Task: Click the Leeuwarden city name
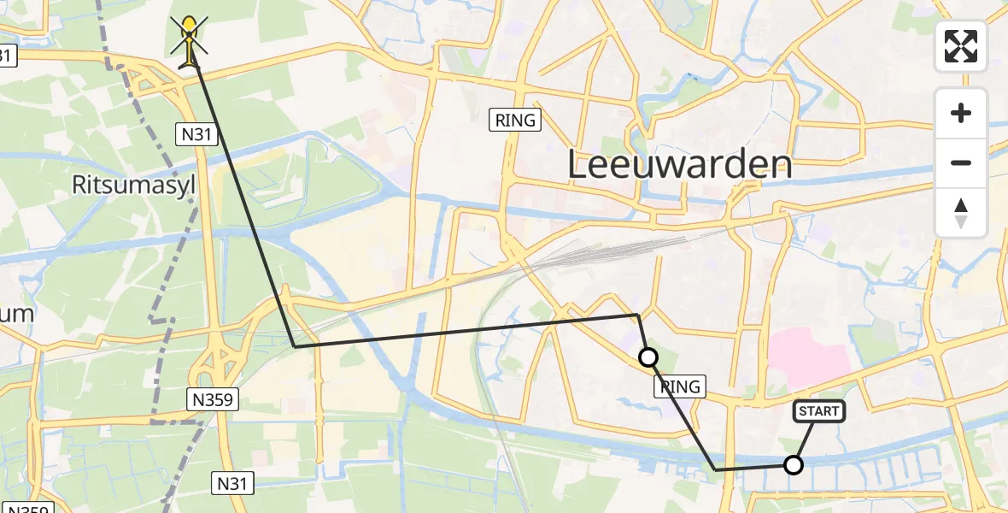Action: click(x=680, y=165)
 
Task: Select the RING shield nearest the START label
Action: click(x=681, y=387)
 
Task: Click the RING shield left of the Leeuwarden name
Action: click(x=517, y=120)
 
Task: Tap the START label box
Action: click(x=819, y=411)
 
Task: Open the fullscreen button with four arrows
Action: click(x=961, y=46)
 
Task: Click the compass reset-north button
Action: click(x=961, y=213)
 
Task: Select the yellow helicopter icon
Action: click(x=189, y=40)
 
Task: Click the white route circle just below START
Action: click(x=794, y=465)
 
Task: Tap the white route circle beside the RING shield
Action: click(x=648, y=357)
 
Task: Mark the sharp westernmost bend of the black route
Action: click(x=295, y=346)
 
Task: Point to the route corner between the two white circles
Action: click(x=716, y=469)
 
